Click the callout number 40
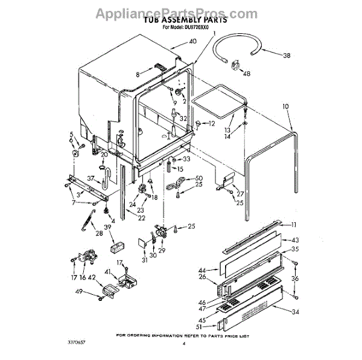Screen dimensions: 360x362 (x=192, y=42)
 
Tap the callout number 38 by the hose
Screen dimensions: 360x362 (x=287, y=55)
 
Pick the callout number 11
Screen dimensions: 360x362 (x=294, y=225)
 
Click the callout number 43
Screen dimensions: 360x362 (x=295, y=240)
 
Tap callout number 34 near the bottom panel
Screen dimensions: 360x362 (x=294, y=312)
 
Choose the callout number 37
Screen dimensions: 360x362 (x=91, y=178)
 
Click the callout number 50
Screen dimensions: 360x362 (x=199, y=178)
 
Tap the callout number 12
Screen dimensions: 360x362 (x=212, y=124)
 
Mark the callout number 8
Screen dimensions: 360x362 (x=138, y=74)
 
